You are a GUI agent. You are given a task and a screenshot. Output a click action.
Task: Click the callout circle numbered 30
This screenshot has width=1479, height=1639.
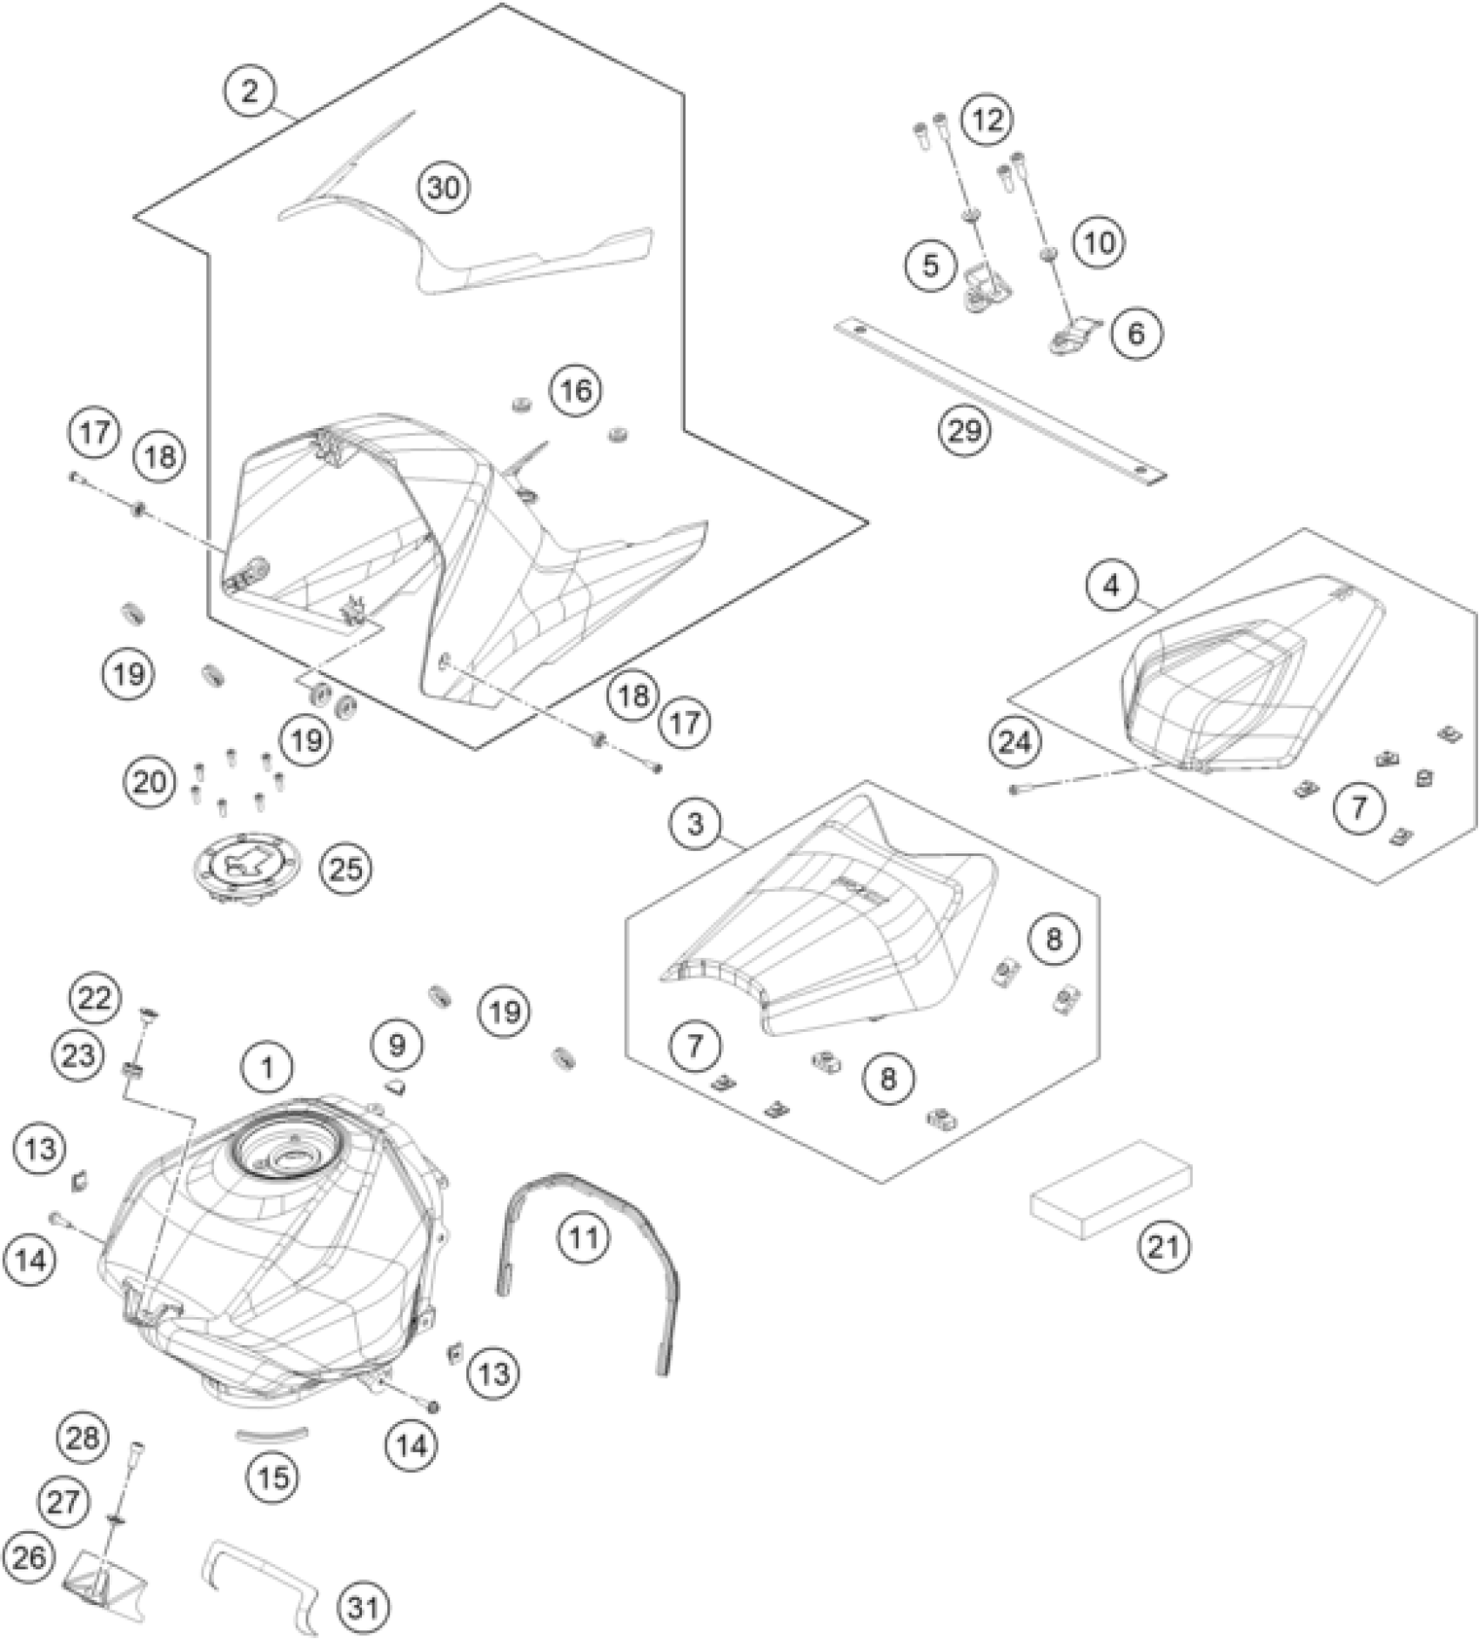pyautogui.click(x=443, y=188)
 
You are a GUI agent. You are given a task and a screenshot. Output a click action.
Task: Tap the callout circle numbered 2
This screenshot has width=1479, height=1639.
pyautogui.click(x=250, y=90)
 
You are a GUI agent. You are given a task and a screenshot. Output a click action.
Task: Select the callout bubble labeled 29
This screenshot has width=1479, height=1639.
pyautogui.click(x=965, y=430)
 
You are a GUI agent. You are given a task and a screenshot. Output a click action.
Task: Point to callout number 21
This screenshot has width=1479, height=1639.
pyautogui.click(x=1164, y=1247)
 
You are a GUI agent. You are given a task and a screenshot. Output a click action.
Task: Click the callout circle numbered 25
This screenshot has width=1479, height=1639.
pyautogui.click(x=345, y=868)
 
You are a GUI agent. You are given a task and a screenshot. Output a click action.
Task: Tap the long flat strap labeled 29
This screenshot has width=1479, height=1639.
pyautogui.click(x=1000, y=400)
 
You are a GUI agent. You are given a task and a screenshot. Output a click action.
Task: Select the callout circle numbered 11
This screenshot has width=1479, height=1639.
pyautogui.click(x=583, y=1236)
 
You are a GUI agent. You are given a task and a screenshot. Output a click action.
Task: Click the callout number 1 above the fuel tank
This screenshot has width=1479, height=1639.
pyautogui.click(x=267, y=1067)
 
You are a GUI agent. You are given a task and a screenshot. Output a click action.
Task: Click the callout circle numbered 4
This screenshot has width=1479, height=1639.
pyautogui.click(x=1111, y=586)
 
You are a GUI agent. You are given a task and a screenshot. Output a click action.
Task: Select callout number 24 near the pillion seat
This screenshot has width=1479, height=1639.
pyautogui.click(x=1014, y=742)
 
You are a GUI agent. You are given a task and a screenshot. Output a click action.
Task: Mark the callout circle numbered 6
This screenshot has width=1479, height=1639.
pyautogui.click(x=1136, y=332)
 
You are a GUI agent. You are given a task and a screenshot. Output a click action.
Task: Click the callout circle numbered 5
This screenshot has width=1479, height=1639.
pyautogui.click(x=931, y=264)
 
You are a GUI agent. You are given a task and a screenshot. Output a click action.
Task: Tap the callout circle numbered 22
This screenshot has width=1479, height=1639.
pyautogui.click(x=95, y=998)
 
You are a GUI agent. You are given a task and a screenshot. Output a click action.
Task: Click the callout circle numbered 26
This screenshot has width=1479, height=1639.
pyautogui.click(x=28, y=1556)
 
